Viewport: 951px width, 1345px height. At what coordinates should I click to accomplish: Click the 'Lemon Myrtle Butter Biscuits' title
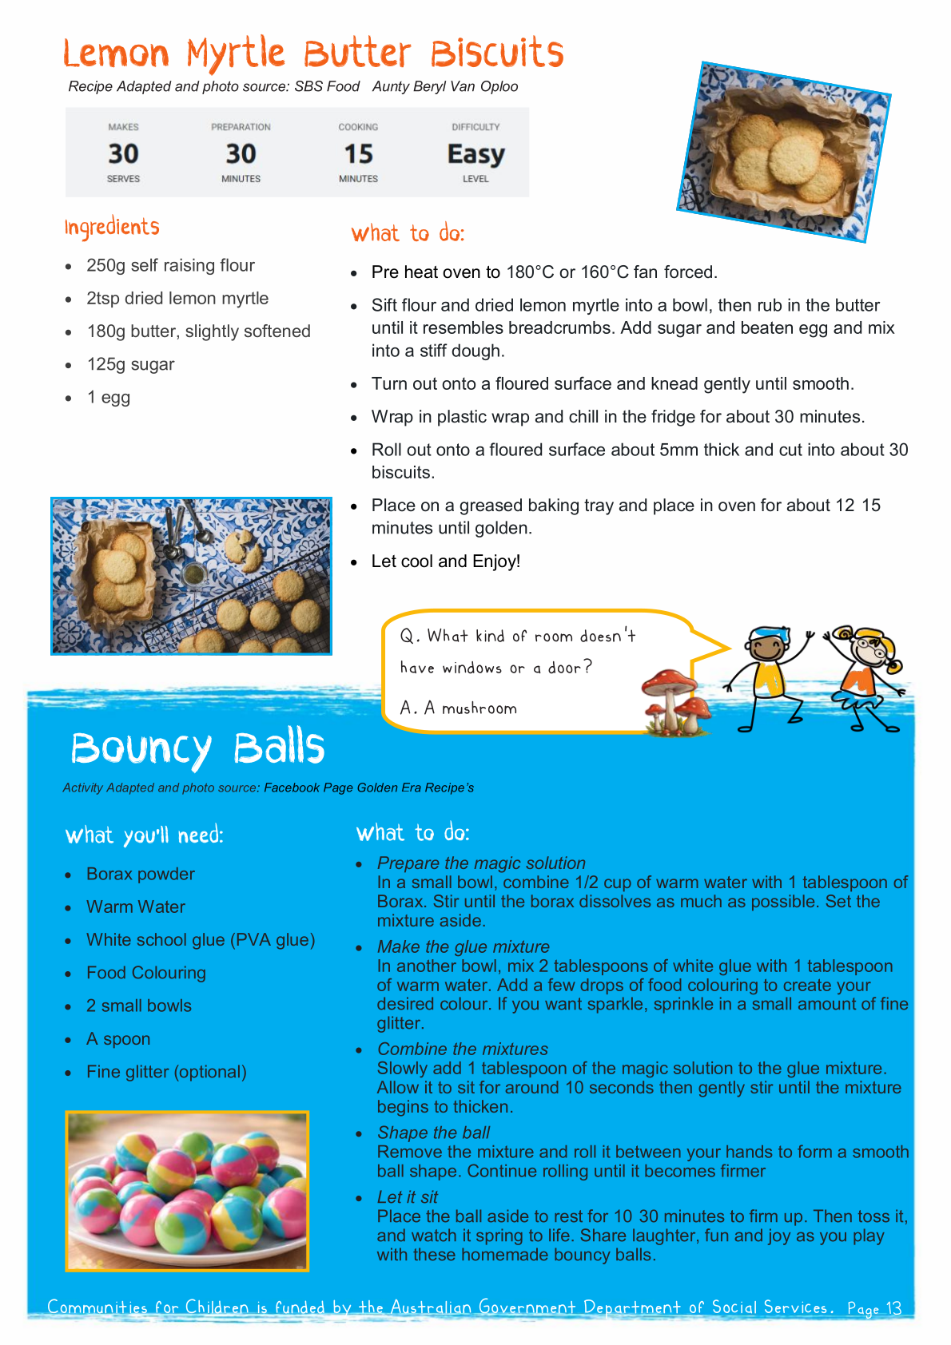313,54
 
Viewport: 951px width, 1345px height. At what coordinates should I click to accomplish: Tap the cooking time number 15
358,153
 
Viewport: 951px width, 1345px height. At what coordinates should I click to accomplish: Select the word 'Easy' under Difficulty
475,153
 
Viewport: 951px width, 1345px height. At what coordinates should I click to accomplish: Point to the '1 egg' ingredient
109,398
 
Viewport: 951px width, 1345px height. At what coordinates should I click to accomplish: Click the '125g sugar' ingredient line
130,364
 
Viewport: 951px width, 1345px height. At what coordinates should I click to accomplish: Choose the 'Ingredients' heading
112,228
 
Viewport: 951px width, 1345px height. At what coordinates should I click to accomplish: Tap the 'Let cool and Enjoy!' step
446,561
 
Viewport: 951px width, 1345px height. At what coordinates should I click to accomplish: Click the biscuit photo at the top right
783,152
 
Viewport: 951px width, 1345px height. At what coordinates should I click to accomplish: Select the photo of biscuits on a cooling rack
191,576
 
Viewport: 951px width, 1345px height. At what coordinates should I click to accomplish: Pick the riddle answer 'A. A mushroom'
459,708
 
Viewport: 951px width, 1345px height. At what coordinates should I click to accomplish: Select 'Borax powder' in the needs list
141,874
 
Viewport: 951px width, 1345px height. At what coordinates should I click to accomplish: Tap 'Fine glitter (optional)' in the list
166,1072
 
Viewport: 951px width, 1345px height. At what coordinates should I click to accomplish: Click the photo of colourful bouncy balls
187,1190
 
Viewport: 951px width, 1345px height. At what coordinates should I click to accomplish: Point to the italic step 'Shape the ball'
433,1133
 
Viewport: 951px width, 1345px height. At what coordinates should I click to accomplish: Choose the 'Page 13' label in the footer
874,1308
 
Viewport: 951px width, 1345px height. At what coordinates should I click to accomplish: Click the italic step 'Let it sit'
408,1197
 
